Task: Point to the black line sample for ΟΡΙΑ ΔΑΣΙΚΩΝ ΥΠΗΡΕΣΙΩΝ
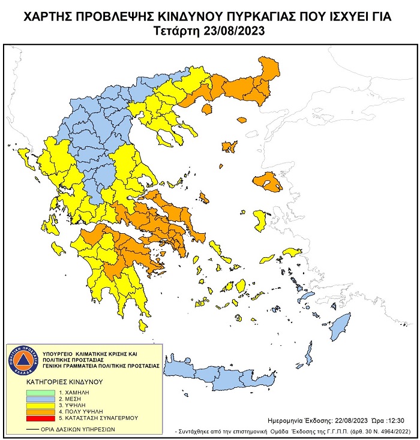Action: tap(38, 429)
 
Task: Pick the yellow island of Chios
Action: tap(260, 219)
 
